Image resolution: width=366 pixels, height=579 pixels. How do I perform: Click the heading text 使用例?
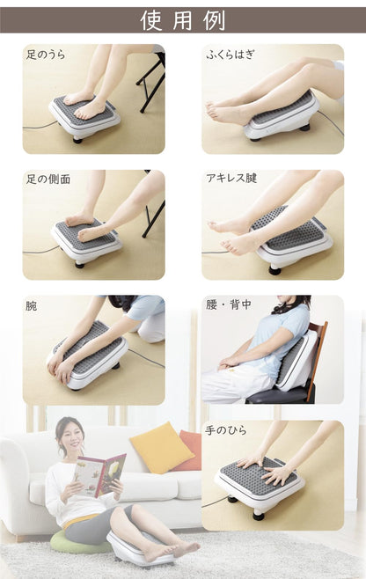pos(183,20)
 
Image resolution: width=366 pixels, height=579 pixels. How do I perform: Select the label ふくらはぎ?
pos(230,55)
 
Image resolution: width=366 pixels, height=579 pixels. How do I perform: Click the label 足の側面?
pos(48,179)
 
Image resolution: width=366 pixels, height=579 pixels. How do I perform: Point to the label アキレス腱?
pos(231,179)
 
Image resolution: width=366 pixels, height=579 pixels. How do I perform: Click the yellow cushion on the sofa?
pos(161,447)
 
